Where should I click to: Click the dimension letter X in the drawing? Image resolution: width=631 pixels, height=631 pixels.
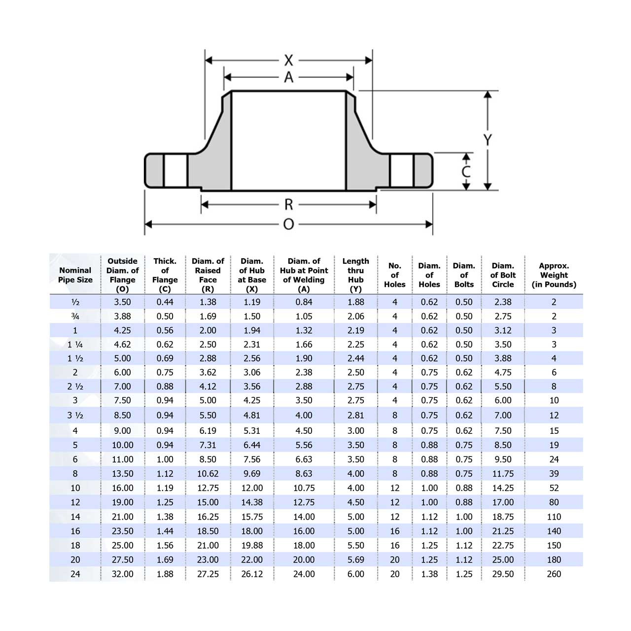click(x=288, y=61)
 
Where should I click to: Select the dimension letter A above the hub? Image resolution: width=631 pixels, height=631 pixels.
click(x=288, y=77)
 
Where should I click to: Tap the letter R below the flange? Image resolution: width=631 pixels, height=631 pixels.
click(x=288, y=205)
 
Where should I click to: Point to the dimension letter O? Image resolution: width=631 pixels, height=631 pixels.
click(x=288, y=224)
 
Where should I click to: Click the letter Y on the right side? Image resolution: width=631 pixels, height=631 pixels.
click(x=488, y=140)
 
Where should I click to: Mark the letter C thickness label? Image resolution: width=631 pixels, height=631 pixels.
click(x=466, y=171)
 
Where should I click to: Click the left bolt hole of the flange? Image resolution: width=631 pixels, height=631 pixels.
click(x=175, y=171)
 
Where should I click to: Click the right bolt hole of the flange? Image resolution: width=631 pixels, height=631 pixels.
click(x=402, y=171)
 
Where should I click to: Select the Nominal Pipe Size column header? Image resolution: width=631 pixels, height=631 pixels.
click(x=75, y=275)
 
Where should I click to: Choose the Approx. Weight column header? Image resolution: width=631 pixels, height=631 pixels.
click(x=554, y=275)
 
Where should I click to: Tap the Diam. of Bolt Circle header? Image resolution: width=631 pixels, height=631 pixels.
click(x=503, y=275)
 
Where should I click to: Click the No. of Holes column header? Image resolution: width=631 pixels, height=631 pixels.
click(x=394, y=275)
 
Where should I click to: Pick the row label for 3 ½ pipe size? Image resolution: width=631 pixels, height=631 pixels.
click(x=75, y=416)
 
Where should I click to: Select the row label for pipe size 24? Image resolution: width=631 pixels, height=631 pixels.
click(x=75, y=574)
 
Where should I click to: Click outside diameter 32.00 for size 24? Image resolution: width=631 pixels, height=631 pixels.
click(x=122, y=574)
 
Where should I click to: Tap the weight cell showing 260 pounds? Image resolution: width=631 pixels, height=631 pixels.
click(x=554, y=574)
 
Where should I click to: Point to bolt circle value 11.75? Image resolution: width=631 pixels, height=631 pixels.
click(x=503, y=474)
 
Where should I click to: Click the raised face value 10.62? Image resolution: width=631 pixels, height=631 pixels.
click(x=208, y=474)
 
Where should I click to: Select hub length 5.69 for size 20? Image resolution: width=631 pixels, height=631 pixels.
click(x=355, y=560)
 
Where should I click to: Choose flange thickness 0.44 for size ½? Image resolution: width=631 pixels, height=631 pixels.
click(x=165, y=302)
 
